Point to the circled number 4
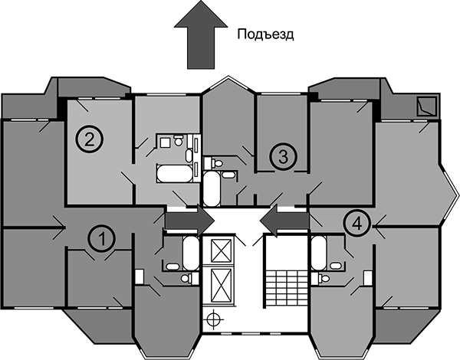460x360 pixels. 355,223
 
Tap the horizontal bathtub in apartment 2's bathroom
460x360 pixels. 175,173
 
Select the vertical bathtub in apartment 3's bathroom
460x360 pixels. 212,188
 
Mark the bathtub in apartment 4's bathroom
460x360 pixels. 320,252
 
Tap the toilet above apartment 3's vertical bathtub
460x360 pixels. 217,163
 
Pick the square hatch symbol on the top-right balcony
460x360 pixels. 422,106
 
